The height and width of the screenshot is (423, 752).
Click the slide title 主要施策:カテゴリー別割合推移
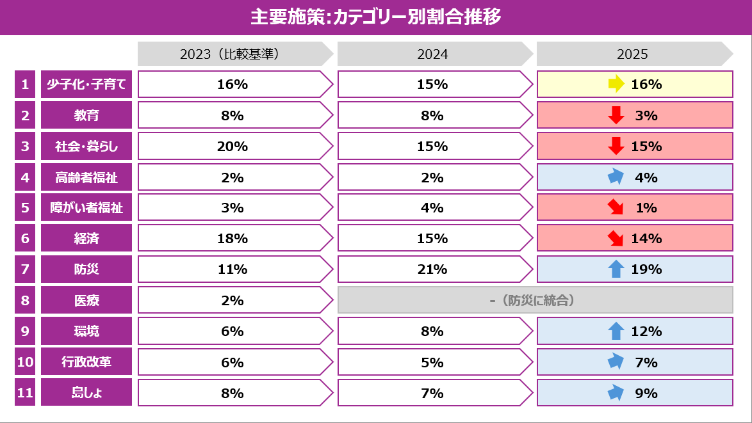tap(375, 17)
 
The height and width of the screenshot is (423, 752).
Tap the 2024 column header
tap(432, 54)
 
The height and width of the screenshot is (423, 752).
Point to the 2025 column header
tap(632, 54)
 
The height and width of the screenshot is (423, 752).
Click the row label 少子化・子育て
tap(86, 84)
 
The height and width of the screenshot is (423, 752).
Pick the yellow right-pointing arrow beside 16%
tap(616, 84)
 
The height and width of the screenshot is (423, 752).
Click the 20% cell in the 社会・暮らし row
tap(233, 146)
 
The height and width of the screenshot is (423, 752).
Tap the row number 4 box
tap(25, 177)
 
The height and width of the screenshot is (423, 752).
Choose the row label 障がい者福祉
tap(86, 208)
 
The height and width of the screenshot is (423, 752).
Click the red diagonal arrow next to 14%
tap(616, 239)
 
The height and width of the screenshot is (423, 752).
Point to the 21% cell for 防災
tap(432, 269)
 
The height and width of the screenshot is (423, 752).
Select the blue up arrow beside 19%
tap(616, 269)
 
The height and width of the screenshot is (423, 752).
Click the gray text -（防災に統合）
tap(535, 300)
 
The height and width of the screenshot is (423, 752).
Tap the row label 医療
tap(86, 300)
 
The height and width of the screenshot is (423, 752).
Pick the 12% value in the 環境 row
tap(646, 331)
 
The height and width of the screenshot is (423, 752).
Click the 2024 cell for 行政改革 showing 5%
tap(432, 362)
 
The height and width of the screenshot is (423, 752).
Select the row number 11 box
tap(25, 393)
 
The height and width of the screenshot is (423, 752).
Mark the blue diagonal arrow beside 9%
tap(616, 392)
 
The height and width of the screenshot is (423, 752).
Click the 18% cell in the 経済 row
tap(233, 239)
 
